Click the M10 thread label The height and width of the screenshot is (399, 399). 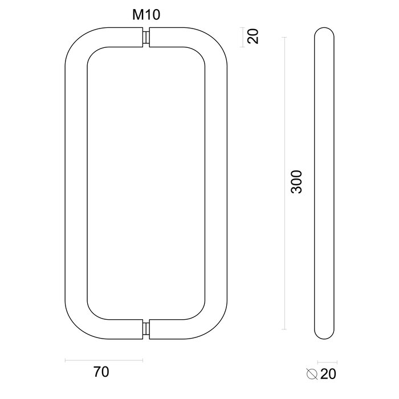[x=146, y=15]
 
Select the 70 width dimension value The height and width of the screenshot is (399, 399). [x=100, y=373]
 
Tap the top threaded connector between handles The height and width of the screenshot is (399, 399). [x=146, y=38]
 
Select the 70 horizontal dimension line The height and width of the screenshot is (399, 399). [x=104, y=360]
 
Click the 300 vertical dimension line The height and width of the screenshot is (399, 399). [x=284, y=183]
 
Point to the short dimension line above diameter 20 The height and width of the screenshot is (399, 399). [x=327, y=361]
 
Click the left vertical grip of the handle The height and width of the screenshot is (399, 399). [x=76, y=183]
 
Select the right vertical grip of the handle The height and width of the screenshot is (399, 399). [x=217, y=183]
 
